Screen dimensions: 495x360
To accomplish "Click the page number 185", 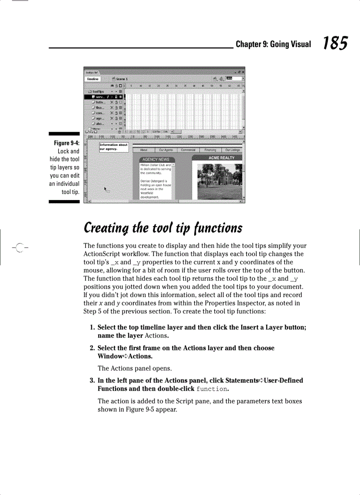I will (335, 44).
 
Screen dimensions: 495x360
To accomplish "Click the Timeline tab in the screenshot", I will (93, 78).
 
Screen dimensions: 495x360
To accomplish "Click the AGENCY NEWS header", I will (157, 159).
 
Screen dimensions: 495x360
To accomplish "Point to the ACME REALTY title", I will (221, 158).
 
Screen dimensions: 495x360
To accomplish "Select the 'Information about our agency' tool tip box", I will (113, 146).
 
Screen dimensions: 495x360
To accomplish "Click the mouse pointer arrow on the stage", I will (106, 189).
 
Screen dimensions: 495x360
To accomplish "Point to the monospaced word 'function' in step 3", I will (212, 389).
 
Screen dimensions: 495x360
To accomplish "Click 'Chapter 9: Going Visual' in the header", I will (273, 44).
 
